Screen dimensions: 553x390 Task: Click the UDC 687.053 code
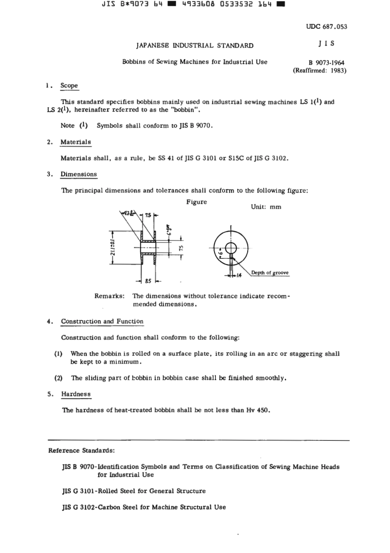tap(326, 27)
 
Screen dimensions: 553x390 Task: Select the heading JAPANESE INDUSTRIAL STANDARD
tap(195, 46)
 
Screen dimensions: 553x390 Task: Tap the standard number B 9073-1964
tap(326, 63)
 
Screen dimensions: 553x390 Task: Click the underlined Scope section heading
tap(69, 85)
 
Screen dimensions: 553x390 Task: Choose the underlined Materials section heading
tap(76, 142)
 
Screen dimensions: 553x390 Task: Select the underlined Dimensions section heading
tap(78, 174)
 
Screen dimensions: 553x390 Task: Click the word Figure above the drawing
tap(197, 202)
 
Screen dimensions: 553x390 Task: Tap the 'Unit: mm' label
tap(266, 207)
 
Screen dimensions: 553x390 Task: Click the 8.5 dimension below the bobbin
tap(148, 281)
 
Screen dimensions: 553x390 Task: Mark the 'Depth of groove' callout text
tap(270, 273)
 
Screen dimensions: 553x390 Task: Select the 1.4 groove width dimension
tap(239, 275)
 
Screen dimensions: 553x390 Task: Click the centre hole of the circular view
tap(231, 248)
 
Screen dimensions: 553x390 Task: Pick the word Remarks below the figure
tap(109, 296)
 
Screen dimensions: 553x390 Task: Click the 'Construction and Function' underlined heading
tap(102, 321)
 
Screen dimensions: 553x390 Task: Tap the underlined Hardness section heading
tap(76, 394)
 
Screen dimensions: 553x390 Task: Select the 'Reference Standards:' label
tap(81, 450)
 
